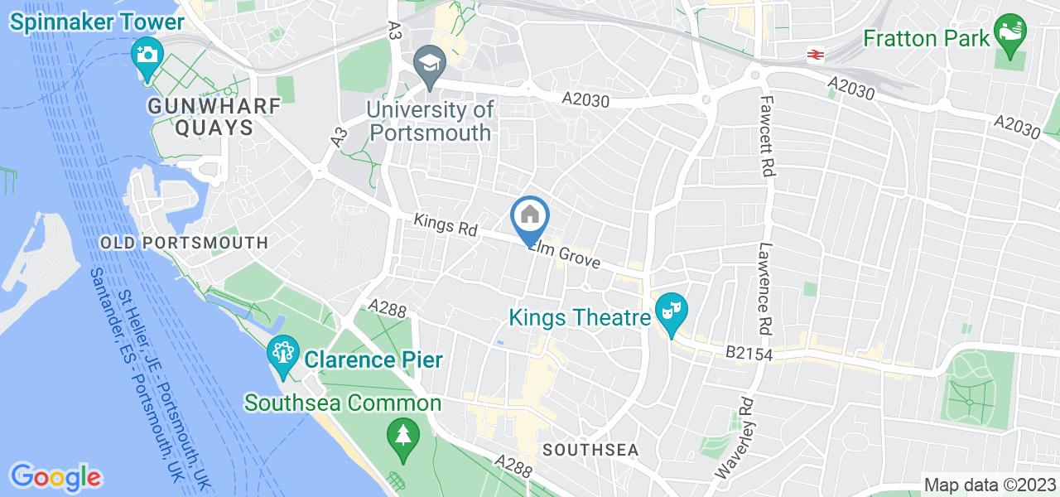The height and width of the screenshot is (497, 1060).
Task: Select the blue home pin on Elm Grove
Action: coord(530,217)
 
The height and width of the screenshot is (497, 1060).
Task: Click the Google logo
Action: coord(56,477)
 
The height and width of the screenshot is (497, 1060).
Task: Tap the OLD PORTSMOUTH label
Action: coord(184,243)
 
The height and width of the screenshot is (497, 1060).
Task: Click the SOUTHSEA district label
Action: coord(590,450)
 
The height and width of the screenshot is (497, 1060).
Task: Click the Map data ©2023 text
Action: coord(990,485)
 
